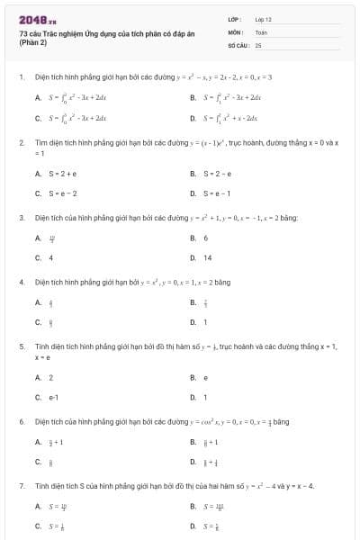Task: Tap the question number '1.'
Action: (x=21, y=77)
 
